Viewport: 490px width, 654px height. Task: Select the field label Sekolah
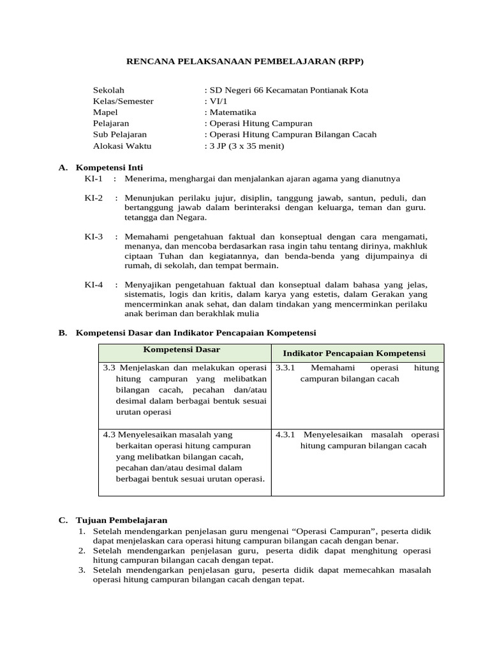[109, 90]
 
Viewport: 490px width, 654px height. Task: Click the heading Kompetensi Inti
[114, 167]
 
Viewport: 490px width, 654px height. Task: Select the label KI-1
[94, 179]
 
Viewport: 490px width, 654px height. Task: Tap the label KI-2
[94, 198]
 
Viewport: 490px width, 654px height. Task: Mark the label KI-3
[94, 236]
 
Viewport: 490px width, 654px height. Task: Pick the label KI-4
[94, 284]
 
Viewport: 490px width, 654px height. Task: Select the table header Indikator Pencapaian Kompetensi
[354, 353]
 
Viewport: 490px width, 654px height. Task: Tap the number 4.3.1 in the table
[285, 434]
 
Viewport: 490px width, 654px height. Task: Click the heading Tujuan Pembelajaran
[121, 521]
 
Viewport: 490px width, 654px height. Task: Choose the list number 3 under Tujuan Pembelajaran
[82, 570]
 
